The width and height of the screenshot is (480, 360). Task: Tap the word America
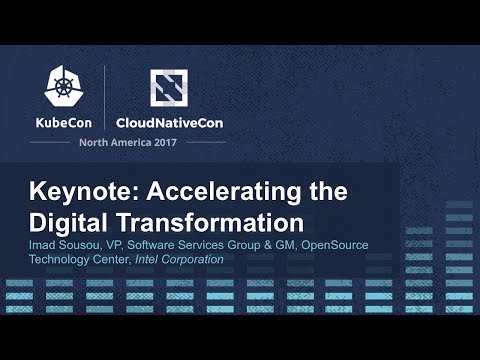[x=137, y=142]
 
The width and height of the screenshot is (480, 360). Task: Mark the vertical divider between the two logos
[x=106, y=98]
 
